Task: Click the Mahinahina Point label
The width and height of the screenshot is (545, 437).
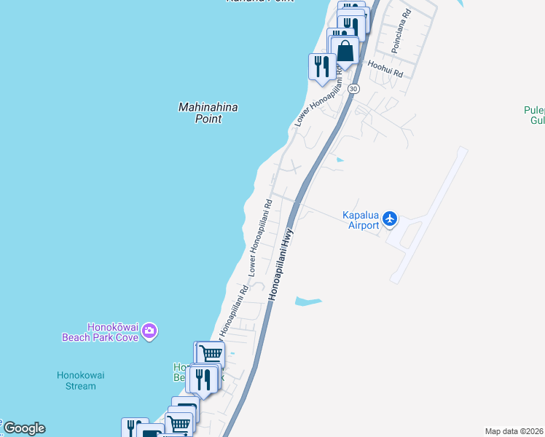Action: click(x=208, y=113)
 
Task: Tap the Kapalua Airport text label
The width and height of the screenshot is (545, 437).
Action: click(x=361, y=220)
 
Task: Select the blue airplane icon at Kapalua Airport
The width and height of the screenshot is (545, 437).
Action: click(x=391, y=218)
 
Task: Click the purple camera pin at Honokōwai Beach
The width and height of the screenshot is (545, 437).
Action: click(x=149, y=331)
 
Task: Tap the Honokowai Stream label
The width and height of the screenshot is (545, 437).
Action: click(x=81, y=380)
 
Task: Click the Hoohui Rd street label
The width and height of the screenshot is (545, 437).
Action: click(x=385, y=68)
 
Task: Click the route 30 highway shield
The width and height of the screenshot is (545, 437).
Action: click(x=353, y=88)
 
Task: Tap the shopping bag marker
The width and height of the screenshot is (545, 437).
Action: click(x=345, y=51)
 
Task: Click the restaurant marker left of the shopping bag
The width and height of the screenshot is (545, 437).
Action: click(x=321, y=67)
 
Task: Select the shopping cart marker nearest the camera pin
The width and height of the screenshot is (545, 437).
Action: click(x=210, y=354)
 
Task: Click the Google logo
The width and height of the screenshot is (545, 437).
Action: click(x=23, y=428)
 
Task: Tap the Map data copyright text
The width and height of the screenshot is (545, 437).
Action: click(x=514, y=431)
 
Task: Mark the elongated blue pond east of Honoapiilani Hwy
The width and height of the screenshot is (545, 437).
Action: click(x=307, y=300)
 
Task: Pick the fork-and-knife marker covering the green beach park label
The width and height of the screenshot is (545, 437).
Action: click(x=201, y=379)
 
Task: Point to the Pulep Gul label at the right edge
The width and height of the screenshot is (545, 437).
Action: click(x=533, y=115)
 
